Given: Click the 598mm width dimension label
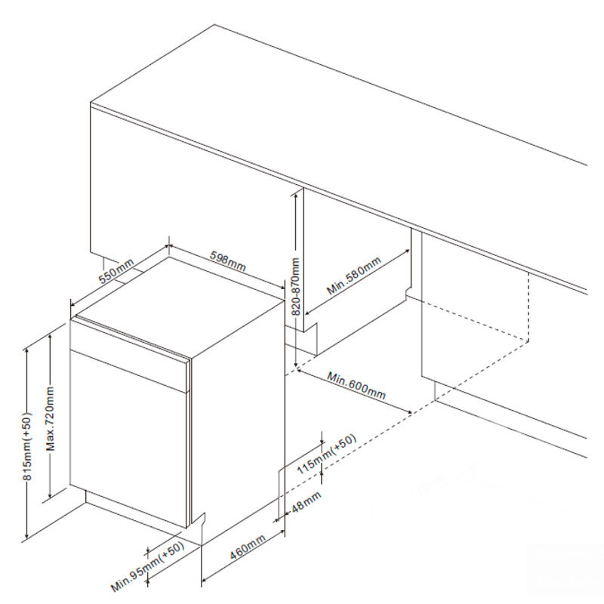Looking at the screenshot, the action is pyautogui.click(x=228, y=260).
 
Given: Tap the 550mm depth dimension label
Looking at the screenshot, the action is pyautogui.click(x=116, y=271).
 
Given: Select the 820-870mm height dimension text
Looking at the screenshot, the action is pyautogui.click(x=296, y=286).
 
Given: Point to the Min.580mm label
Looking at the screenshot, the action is pyautogui.click(x=353, y=275).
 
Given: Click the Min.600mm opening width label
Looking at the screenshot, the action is pyautogui.click(x=356, y=385).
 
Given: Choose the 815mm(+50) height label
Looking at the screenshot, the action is pyautogui.click(x=27, y=446).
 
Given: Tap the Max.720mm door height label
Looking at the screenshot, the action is pyautogui.click(x=51, y=418).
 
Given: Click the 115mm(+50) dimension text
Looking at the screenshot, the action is pyautogui.click(x=327, y=454).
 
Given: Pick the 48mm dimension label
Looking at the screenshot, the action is pyautogui.click(x=307, y=502).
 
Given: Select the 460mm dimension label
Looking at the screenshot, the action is pyautogui.click(x=248, y=547).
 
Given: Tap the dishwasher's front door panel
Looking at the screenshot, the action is pyautogui.click(x=129, y=437).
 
